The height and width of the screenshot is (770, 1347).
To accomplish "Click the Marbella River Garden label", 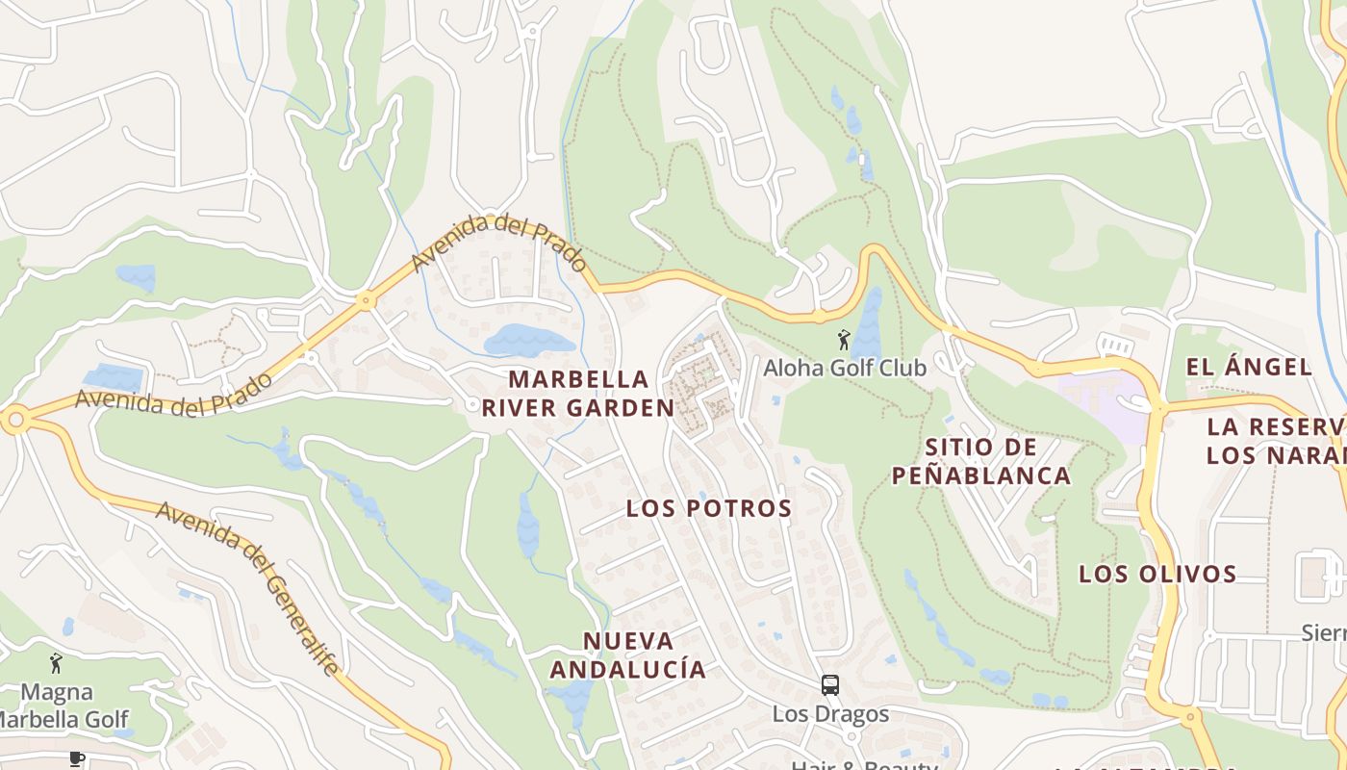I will click(577, 393).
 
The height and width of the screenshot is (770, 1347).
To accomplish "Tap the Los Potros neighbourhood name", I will click(709, 508).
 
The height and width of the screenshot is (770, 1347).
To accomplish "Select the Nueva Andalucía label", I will click(627, 654).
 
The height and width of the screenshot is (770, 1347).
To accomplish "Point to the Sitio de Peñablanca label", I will click(980, 461).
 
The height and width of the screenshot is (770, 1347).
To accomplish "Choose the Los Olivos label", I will click(1156, 575).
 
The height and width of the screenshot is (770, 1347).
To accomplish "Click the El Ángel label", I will click(1249, 367).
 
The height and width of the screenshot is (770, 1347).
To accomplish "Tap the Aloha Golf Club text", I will click(844, 368).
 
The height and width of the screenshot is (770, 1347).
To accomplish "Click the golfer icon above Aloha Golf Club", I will click(844, 340).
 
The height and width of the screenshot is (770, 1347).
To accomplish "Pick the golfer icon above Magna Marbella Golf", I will click(56, 663).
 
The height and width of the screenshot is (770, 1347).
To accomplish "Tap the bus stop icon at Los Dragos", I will click(829, 685).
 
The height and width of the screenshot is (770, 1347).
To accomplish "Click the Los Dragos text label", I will click(830, 714).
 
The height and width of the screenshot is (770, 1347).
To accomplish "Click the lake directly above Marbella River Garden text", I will click(527, 341).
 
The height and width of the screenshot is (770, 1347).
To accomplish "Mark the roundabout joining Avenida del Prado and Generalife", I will click(14, 421).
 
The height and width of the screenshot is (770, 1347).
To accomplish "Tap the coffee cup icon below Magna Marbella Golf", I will click(77, 758).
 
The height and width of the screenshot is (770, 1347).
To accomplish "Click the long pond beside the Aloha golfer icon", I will click(869, 322).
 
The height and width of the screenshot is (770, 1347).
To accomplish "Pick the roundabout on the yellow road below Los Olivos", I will click(1191, 716).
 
